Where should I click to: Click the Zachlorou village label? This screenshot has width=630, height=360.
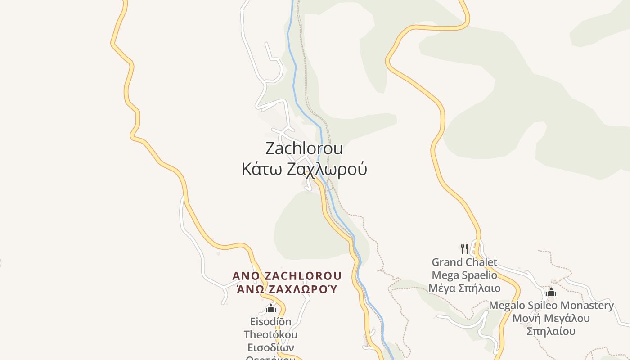coord(304,148)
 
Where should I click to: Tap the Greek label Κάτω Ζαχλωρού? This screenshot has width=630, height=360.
coord(304,169)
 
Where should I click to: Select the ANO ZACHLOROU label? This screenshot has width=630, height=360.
coord(287,275)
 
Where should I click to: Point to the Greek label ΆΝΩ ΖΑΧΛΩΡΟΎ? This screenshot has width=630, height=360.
coord(287,289)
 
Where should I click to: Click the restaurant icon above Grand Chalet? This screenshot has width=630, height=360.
coord(464,248)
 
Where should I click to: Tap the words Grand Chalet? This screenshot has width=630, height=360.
coord(464,262)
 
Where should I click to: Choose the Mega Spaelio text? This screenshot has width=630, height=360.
coord(464,275)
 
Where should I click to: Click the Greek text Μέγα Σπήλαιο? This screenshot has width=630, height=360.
coord(464,288)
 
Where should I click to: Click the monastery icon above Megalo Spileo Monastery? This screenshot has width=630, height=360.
coord(551,292)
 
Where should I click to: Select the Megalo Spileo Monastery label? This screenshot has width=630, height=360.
coord(551,305)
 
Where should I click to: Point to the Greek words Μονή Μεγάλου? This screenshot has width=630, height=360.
coord(551,318)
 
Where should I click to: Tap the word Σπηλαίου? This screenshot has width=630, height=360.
coord(551,332)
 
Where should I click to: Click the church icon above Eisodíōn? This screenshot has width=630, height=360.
coord(270,308)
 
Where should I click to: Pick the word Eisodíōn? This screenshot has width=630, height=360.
coord(270,322)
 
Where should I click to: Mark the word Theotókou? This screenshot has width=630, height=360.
coord(270,335)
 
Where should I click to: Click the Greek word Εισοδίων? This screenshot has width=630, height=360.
coord(270,348)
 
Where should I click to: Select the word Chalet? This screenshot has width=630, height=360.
coord(482,262)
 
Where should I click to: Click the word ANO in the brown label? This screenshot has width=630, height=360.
coord(246,275)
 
